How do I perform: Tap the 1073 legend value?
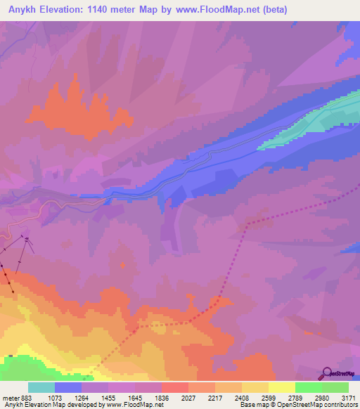(x=55, y=397)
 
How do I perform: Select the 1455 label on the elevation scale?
(x=108, y=397)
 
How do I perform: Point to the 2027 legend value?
(x=188, y=397)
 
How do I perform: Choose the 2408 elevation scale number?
(x=241, y=397)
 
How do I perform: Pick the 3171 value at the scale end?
(x=347, y=397)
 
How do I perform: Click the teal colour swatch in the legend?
(x=41, y=387)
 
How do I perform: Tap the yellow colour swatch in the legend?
(x=281, y=387)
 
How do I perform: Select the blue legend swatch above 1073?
(x=68, y=387)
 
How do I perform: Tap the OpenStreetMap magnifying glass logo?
(x=326, y=372)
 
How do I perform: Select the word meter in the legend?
(x=9, y=397)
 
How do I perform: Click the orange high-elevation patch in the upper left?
(x=77, y=109)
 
